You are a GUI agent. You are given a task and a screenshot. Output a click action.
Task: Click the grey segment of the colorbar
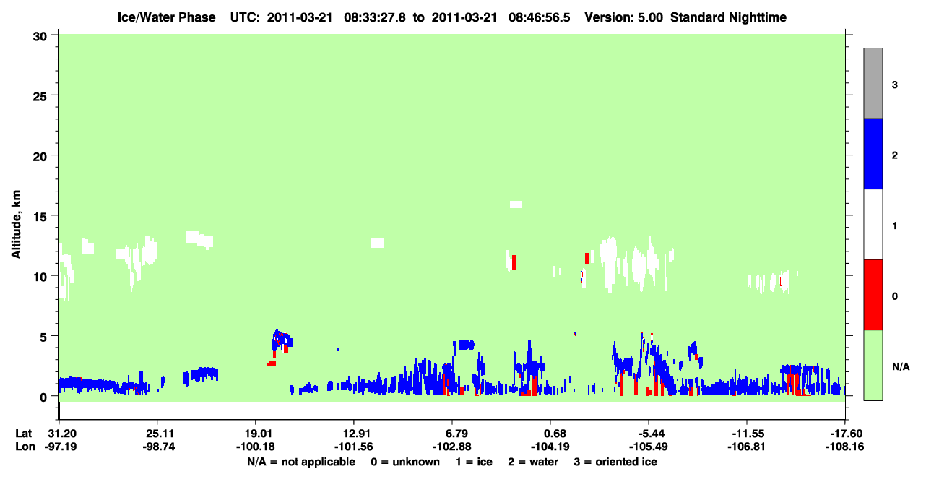(873, 83)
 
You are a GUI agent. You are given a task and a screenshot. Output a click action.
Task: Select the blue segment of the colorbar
(873, 153)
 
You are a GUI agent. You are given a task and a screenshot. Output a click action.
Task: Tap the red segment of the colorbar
(873, 295)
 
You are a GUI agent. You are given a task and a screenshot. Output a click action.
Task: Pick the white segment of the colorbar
(873, 224)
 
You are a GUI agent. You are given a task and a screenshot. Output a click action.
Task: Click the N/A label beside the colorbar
(901, 366)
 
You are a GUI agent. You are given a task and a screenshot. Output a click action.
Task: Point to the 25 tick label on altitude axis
(40, 97)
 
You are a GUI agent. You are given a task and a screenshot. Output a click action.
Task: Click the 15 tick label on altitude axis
(40, 217)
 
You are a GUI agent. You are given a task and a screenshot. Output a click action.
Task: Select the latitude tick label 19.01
(256, 434)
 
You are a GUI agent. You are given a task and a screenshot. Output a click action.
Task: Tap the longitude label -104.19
(550, 447)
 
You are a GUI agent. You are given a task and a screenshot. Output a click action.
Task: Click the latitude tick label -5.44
(649, 434)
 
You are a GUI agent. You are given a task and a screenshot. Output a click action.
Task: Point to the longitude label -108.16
(844, 447)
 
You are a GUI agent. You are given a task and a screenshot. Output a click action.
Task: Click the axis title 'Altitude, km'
(16, 224)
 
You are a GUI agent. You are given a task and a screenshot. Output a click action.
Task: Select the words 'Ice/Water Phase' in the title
(166, 17)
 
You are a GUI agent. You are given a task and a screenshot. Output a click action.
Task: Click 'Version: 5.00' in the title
(624, 17)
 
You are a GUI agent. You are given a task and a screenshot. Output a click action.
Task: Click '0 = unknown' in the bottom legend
(405, 462)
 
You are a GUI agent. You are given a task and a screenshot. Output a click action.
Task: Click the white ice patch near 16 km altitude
(516, 205)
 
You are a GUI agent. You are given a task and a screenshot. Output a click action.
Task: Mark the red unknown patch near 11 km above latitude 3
(514, 262)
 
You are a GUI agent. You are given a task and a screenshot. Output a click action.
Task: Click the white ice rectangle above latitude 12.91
(377, 243)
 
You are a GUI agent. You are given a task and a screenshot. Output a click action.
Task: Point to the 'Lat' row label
(23, 434)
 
